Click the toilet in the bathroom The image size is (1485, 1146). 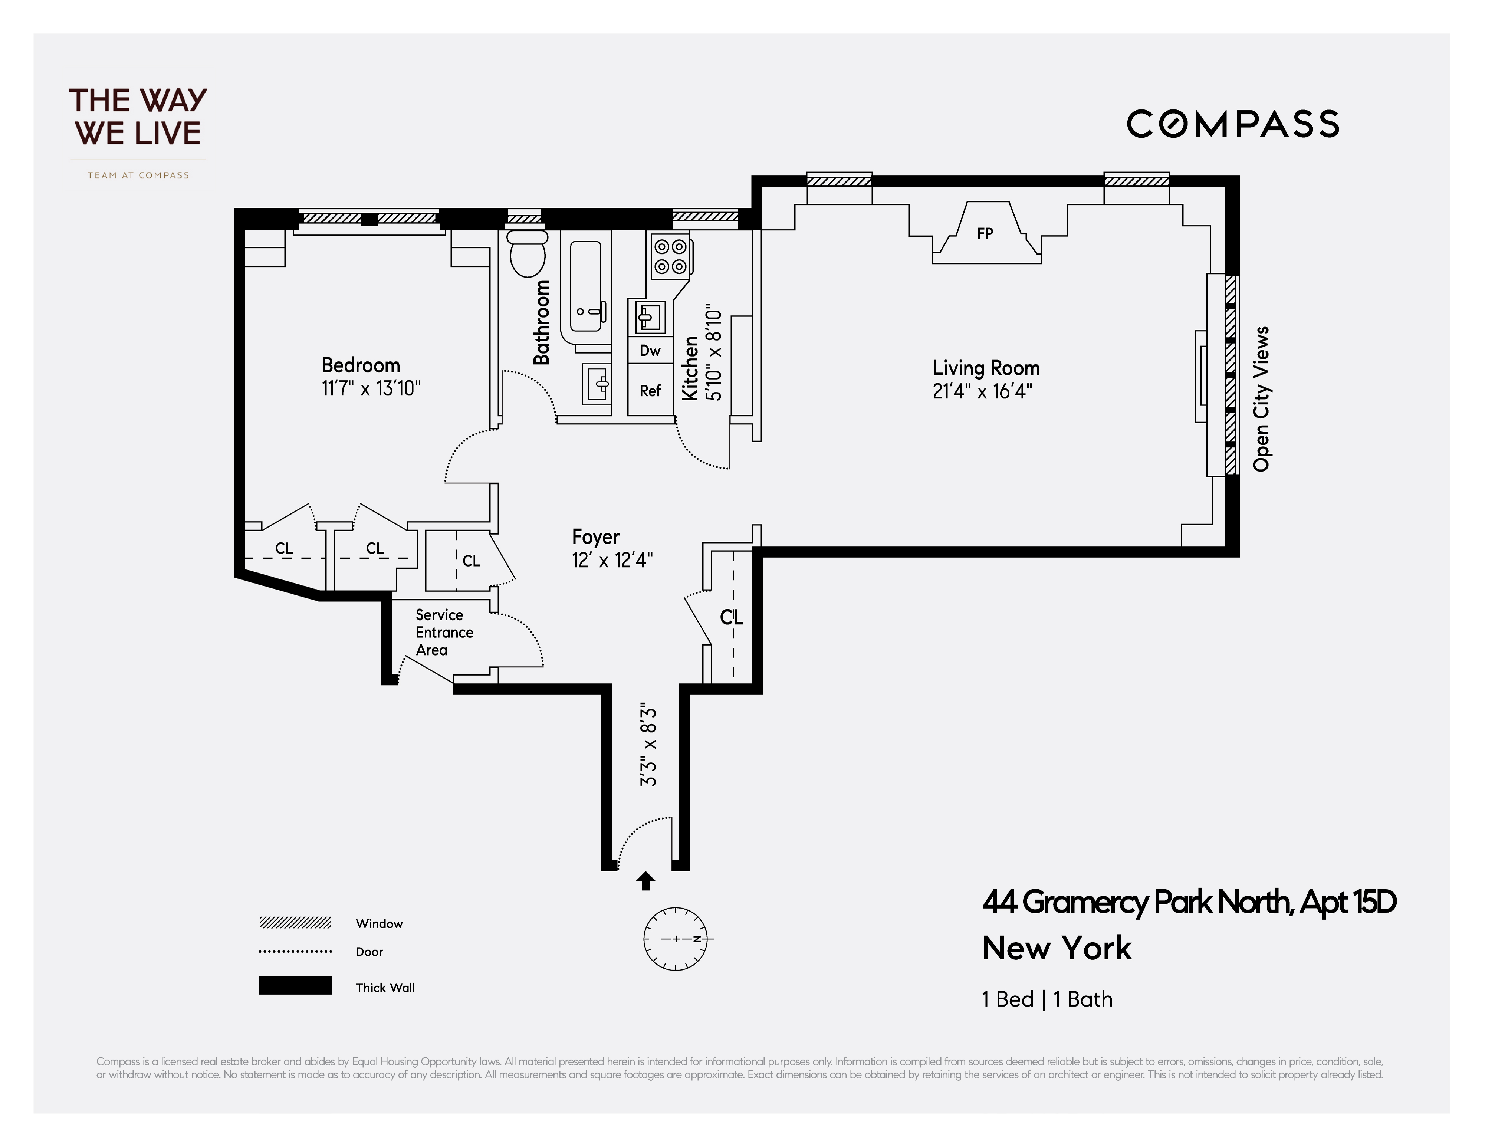click(528, 255)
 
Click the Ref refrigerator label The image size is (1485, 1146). click(650, 390)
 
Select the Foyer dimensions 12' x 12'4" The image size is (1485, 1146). click(612, 560)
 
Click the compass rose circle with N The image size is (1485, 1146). click(675, 939)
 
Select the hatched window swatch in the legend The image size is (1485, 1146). click(295, 923)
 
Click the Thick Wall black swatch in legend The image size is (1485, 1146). click(295, 985)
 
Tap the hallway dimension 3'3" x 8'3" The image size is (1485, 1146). click(649, 747)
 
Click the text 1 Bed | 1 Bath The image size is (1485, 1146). click(1047, 999)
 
